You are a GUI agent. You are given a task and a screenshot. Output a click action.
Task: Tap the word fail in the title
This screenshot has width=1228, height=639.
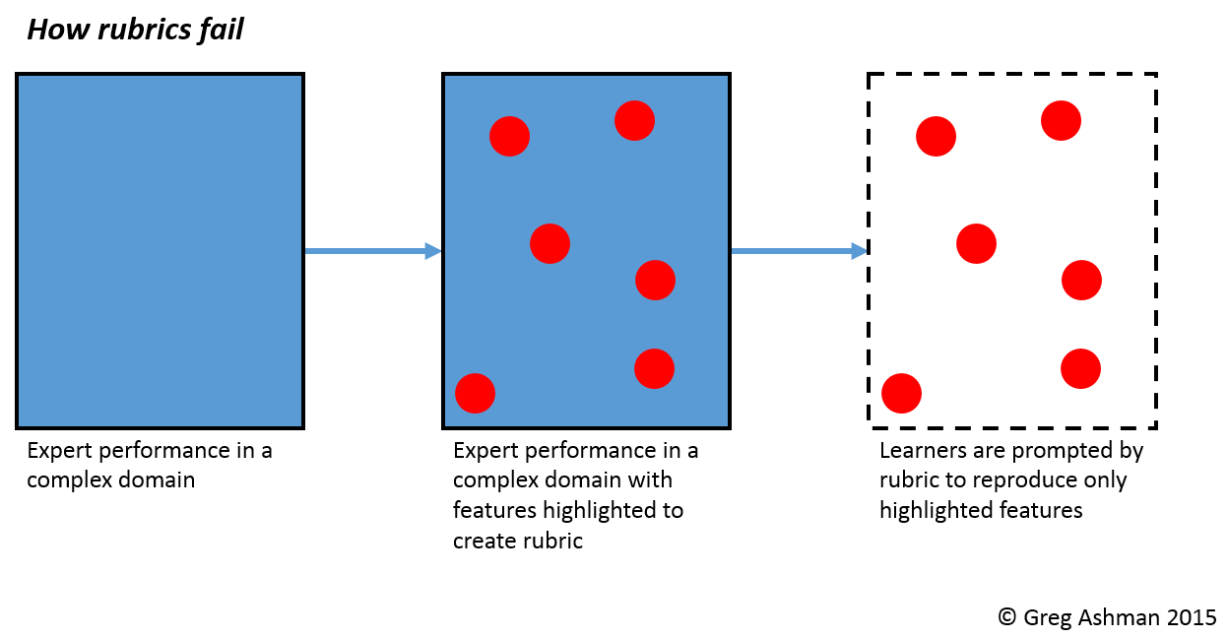[x=219, y=31]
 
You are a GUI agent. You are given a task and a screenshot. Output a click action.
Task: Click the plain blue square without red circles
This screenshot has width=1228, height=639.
[x=160, y=251]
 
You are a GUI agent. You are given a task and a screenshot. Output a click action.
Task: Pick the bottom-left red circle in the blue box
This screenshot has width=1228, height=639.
[x=475, y=393]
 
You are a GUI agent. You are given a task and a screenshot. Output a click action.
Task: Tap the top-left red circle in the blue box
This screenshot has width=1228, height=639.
[x=509, y=136]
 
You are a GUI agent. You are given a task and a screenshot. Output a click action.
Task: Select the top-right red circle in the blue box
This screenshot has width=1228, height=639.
[x=634, y=120]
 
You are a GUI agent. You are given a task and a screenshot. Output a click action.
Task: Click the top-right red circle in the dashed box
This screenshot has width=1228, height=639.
[x=1061, y=120]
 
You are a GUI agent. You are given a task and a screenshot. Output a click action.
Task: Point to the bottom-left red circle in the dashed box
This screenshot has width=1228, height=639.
[x=901, y=393]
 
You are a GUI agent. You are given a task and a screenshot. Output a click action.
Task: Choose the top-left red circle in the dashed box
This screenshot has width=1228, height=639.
[x=936, y=136]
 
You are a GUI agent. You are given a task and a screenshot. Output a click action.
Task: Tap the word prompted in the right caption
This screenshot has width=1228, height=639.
[x=1058, y=451]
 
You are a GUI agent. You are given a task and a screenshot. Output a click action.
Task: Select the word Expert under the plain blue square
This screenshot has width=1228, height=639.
[x=57, y=451]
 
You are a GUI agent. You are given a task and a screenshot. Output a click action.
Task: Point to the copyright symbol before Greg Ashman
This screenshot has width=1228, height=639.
[x=1006, y=617]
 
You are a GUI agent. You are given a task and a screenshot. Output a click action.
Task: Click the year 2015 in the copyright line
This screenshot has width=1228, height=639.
[x=1192, y=617]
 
